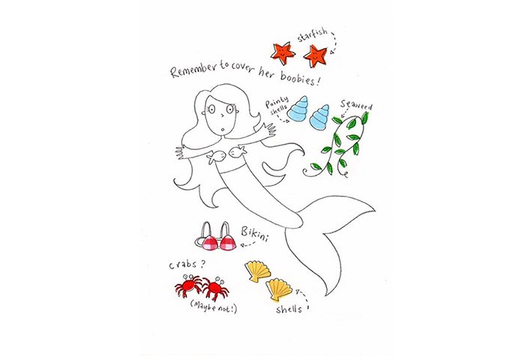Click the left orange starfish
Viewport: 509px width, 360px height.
(283, 52)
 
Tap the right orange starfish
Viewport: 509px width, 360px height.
(315, 53)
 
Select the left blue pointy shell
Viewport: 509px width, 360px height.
(298, 111)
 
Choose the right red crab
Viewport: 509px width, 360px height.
(217, 287)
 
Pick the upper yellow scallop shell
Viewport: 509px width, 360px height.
(259, 269)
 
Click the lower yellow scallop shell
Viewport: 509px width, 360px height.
(280, 288)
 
